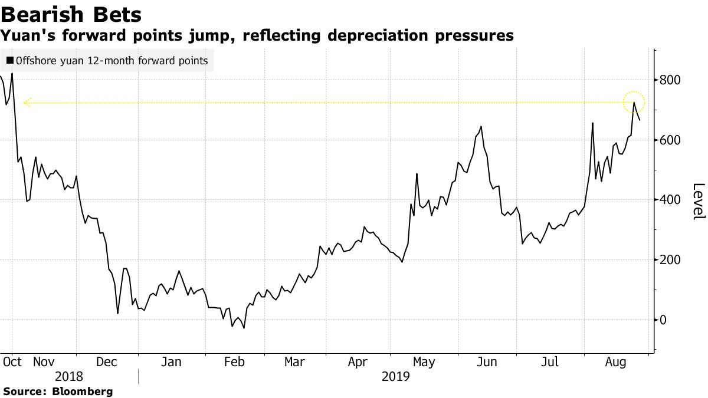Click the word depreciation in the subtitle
click(381, 36)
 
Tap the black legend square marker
click(9, 61)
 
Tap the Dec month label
click(107, 362)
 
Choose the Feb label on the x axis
click(234, 362)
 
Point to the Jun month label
click(486, 362)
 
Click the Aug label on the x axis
click(615, 362)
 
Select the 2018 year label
click(70, 377)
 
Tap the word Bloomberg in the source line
click(83, 391)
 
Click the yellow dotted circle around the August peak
click(634, 102)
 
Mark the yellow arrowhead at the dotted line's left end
click(26, 103)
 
